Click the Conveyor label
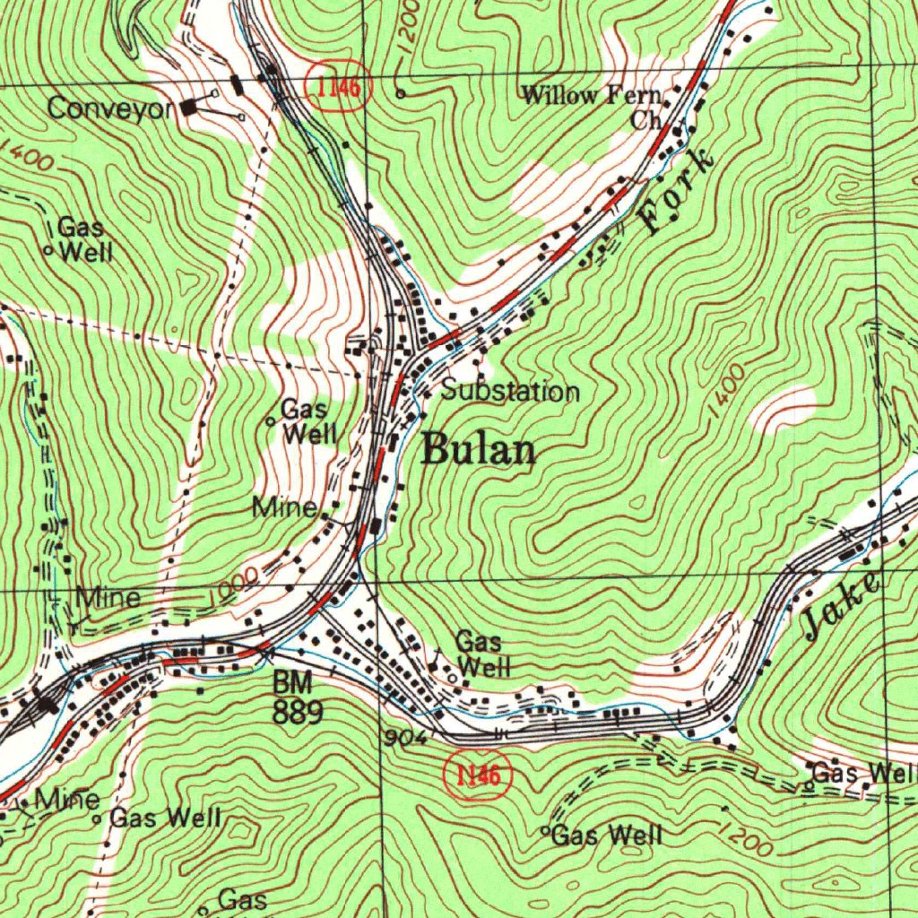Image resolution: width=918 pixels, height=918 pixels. (110, 108)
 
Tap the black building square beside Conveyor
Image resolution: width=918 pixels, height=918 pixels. (188, 108)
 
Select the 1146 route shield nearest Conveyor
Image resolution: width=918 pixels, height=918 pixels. (338, 87)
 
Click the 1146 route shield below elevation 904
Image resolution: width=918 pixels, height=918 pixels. (478, 775)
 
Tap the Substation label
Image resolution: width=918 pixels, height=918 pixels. (510, 391)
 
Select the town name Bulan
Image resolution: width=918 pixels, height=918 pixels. (478, 449)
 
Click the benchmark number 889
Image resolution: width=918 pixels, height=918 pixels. (298, 712)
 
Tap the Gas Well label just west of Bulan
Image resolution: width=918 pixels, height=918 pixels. (307, 422)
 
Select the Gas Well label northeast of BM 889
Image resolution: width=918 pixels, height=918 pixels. (483, 654)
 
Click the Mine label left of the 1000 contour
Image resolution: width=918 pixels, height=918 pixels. (108, 597)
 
